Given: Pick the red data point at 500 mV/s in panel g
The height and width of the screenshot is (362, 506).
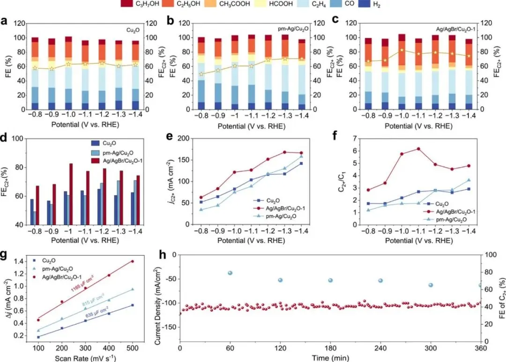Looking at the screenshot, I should pyautogui.click(x=133, y=261).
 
